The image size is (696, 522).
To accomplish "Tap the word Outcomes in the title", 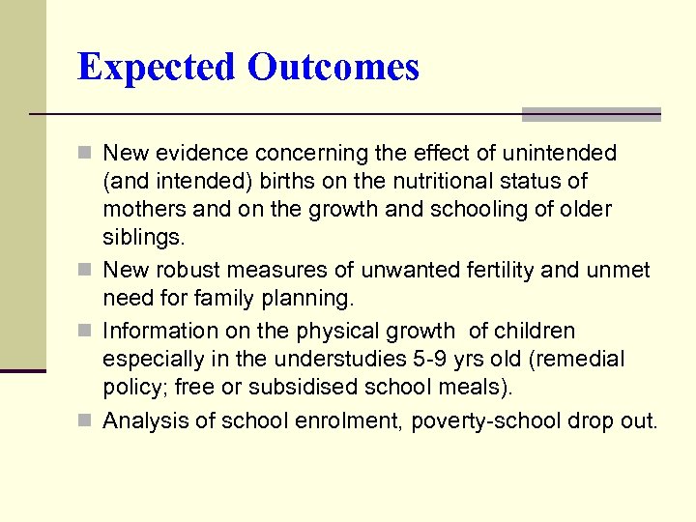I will (x=333, y=67).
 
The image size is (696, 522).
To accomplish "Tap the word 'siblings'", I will (x=142, y=237).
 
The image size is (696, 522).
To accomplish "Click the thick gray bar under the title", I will (x=591, y=114).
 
